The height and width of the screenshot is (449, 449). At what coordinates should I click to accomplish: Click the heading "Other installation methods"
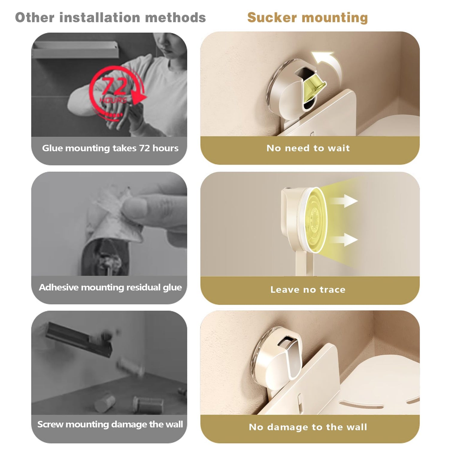[x=110, y=17]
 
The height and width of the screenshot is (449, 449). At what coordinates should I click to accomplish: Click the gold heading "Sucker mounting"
[x=307, y=17]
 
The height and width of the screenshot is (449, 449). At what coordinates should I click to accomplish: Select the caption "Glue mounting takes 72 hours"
[x=110, y=148]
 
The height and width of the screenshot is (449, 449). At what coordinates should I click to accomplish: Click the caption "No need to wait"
[x=308, y=148]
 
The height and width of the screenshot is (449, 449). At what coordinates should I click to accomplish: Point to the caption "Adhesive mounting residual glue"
[x=110, y=287]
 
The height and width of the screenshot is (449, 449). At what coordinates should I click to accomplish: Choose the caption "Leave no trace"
[x=308, y=289]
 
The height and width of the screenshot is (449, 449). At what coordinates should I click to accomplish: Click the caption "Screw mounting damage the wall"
[x=110, y=424]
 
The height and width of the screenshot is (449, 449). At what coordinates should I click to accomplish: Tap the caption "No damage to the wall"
[x=308, y=427]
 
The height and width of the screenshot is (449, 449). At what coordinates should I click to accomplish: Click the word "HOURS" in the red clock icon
[x=113, y=100]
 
